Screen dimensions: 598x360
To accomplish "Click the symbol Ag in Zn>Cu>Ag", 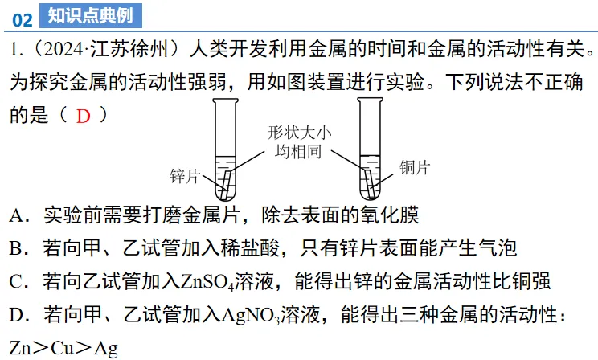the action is point(104,348).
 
